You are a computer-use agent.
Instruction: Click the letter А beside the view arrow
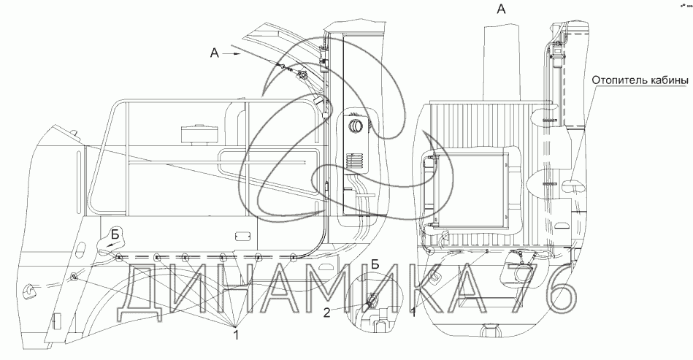tap(213, 53)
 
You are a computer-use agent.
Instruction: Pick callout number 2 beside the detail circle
tap(328, 313)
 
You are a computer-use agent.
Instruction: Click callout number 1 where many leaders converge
tap(236, 334)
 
